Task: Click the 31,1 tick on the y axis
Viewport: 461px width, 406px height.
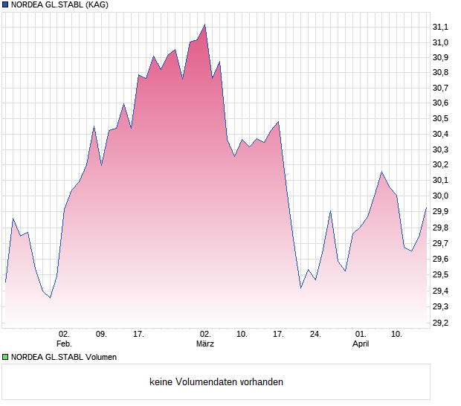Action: point(440,27)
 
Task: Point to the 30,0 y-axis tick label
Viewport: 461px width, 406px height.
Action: point(440,196)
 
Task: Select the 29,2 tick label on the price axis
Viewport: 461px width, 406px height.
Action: point(440,323)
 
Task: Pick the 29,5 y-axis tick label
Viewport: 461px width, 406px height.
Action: point(440,274)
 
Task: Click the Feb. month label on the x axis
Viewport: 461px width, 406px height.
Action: point(64,344)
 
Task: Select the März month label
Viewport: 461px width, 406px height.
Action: point(204,344)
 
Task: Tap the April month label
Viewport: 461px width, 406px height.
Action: point(361,344)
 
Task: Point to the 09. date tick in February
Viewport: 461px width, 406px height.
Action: point(101,334)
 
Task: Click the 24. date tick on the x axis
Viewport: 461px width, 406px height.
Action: point(316,334)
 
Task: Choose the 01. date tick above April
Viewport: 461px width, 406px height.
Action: point(361,334)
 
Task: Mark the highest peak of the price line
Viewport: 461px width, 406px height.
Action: point(204,25)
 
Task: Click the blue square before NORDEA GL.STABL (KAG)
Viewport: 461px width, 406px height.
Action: point(5,4)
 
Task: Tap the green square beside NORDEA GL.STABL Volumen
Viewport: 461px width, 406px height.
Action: point(5,357)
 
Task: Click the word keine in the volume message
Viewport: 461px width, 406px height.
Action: point(161,381)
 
